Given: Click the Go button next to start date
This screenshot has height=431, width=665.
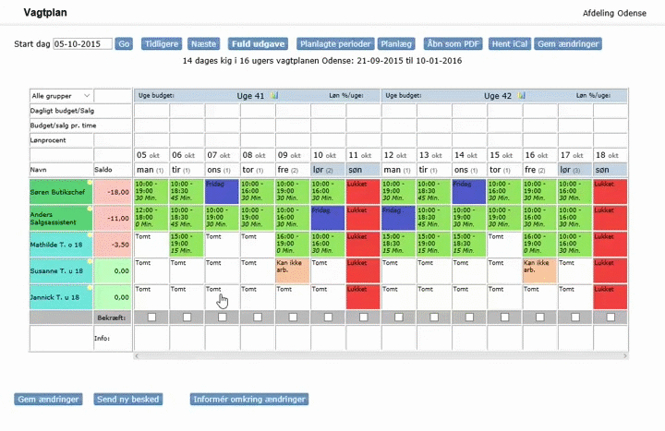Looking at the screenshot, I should tap(124, 43).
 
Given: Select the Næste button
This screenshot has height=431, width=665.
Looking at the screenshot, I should tap(203, 43).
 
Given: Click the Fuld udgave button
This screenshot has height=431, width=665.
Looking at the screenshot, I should tap(258, 43).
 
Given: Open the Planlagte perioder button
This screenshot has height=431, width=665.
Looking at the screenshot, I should tap(335, 43).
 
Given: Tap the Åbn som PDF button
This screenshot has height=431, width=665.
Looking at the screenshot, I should tap(453, 43).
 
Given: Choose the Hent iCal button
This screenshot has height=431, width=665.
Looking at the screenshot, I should tap(509, 43).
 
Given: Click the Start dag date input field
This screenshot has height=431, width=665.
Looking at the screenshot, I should tap(82, 43).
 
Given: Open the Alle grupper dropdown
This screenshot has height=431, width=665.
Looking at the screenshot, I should tap(61, 95).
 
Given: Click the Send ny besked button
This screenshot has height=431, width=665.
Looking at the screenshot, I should tap(128, 400).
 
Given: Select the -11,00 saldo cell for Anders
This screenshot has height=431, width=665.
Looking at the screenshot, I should tap(114, 218).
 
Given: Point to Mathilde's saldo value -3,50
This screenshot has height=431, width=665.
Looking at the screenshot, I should tap(114, 245).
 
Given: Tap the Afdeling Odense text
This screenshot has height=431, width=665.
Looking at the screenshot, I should tap(619, 13).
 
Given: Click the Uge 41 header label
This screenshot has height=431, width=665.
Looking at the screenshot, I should tap(251, 95).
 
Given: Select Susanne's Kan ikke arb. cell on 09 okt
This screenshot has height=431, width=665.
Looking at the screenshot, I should tap(293, 271).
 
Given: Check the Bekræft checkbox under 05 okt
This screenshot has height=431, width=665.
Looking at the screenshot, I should tap(151, 317).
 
